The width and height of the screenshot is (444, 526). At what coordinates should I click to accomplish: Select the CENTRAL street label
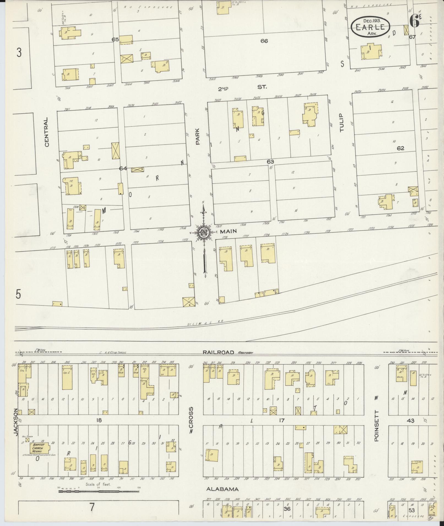point(47,132)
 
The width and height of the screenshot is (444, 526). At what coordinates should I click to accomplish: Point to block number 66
point(264,41)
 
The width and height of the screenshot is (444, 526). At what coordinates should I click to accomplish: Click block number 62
point(400,148)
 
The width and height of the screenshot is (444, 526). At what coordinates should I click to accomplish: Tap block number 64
point(122,168)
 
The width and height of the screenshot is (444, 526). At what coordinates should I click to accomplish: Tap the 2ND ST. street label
point(242,88)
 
